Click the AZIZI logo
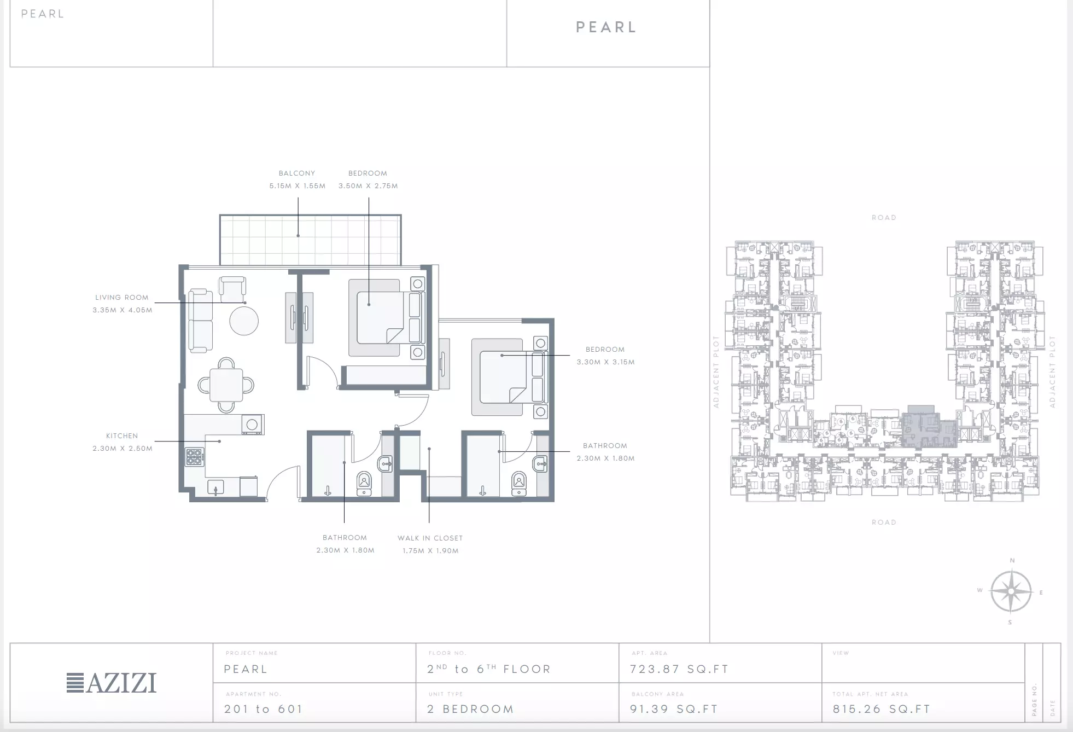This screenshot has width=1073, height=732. point(112,683)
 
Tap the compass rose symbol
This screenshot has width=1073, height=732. point(1011,591)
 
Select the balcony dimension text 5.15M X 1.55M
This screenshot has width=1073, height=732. point(298,186)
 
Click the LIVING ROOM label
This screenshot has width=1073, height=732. point(122,298)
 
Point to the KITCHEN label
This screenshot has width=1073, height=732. point(122,436)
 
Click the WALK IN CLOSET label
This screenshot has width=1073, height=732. point(430,538)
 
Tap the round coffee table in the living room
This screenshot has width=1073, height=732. point(244,321)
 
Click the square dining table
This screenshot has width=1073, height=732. point(226,385)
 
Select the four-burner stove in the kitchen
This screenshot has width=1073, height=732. point(194,457)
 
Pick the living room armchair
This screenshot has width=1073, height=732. point(232,289)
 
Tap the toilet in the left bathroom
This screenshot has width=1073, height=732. point(364,483)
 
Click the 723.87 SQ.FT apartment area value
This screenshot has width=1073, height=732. point(679,669)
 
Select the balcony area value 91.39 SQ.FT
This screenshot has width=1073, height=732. point(674,710)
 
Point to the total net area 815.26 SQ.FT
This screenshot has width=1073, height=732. point(882,710)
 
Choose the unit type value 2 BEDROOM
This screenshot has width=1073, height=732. point(471,710)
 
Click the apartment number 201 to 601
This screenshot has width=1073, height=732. point(263,710)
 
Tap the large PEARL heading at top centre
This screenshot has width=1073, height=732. point(607,27)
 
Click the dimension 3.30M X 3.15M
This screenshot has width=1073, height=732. point(605,362)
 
